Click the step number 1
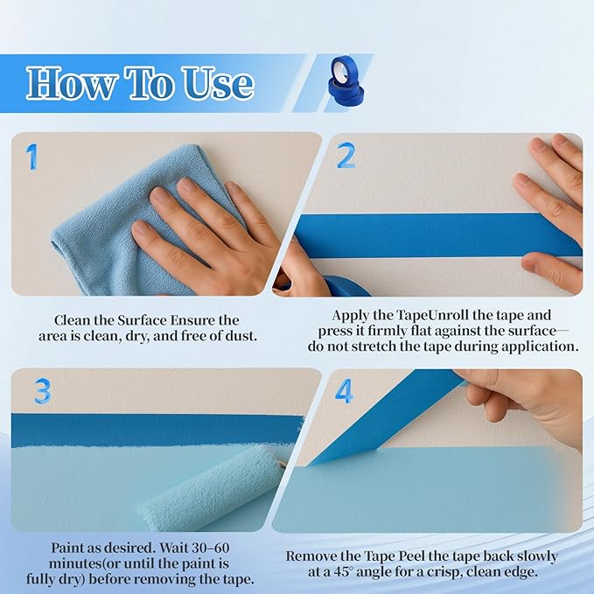(32, 157)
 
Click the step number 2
(346, 157)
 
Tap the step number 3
(42, 391)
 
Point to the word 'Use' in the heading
(213, 83)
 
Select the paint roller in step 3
(214, 486)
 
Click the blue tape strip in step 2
(420, 234)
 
